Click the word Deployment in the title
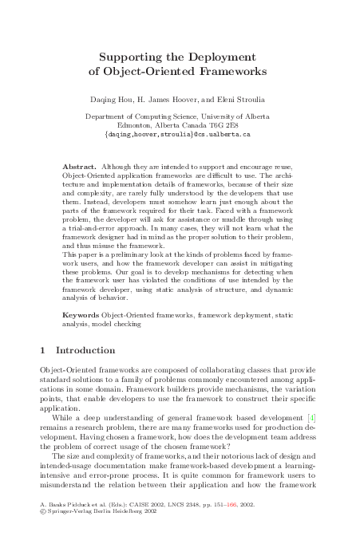218,57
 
